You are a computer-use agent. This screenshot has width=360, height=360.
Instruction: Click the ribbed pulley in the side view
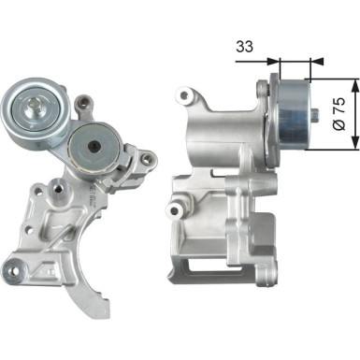[295, 116]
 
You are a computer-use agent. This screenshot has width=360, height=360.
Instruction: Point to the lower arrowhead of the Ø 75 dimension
[354, 145]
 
